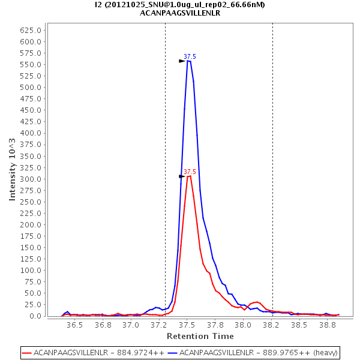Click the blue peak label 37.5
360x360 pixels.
[x=190, y=56]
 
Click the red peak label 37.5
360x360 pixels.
[x=190, y=172]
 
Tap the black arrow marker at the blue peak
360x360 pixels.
[x=182, y=61]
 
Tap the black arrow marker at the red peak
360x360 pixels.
[x=182, y=176]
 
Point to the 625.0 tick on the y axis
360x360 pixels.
[x=31, y=31]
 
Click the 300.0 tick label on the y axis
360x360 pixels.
[x=31, y=179]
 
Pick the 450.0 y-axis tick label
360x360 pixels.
[x=31, y=110]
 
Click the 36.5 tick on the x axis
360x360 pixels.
[x=74, y=325]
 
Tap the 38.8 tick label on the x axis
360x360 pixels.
[x=327, y=325]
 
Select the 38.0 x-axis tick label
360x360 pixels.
[x=243, y=325]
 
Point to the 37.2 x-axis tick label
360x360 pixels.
[x=158, y=325]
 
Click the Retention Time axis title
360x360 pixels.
[x=200, y=336]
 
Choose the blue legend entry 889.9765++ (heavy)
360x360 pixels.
[x=253, y=352]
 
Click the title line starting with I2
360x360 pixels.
[x=180, y=5]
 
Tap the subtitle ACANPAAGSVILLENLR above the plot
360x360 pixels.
[x=180, y=13]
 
